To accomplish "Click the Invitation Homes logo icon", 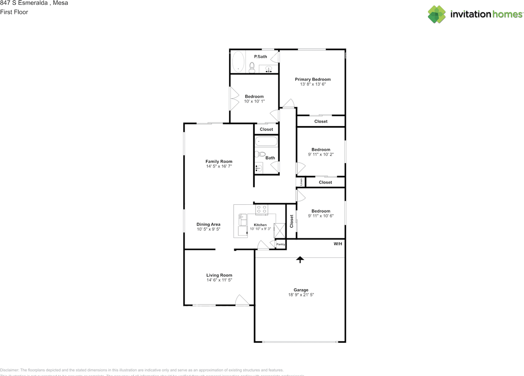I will (x=437, y=14).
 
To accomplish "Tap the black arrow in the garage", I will (x=300, y=259).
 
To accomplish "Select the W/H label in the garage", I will (x=338, y=244).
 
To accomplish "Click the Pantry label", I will (x=280, y=245).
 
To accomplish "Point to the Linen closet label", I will (x=301, y=182).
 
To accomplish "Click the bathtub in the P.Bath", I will (x=238, y=62).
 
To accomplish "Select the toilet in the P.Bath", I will (x=252, y=67).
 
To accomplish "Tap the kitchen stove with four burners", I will (x=262, y=210).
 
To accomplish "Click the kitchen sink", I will (x=242, y=219).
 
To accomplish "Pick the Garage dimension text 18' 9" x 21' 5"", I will (x=300, y=294).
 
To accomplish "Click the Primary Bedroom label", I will (x=313, y=79).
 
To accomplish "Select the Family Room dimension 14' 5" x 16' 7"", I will (x=219, y=166).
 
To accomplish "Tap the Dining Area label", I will (x=208, y=224).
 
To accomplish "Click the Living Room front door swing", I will (x=242, y=300).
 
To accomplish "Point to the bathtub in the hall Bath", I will (x=266, y=142).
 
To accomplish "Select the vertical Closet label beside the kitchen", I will (x=291, y=222).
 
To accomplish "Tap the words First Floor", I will (x=14, y=12).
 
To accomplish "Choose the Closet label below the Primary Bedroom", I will (x=321, y=121).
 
